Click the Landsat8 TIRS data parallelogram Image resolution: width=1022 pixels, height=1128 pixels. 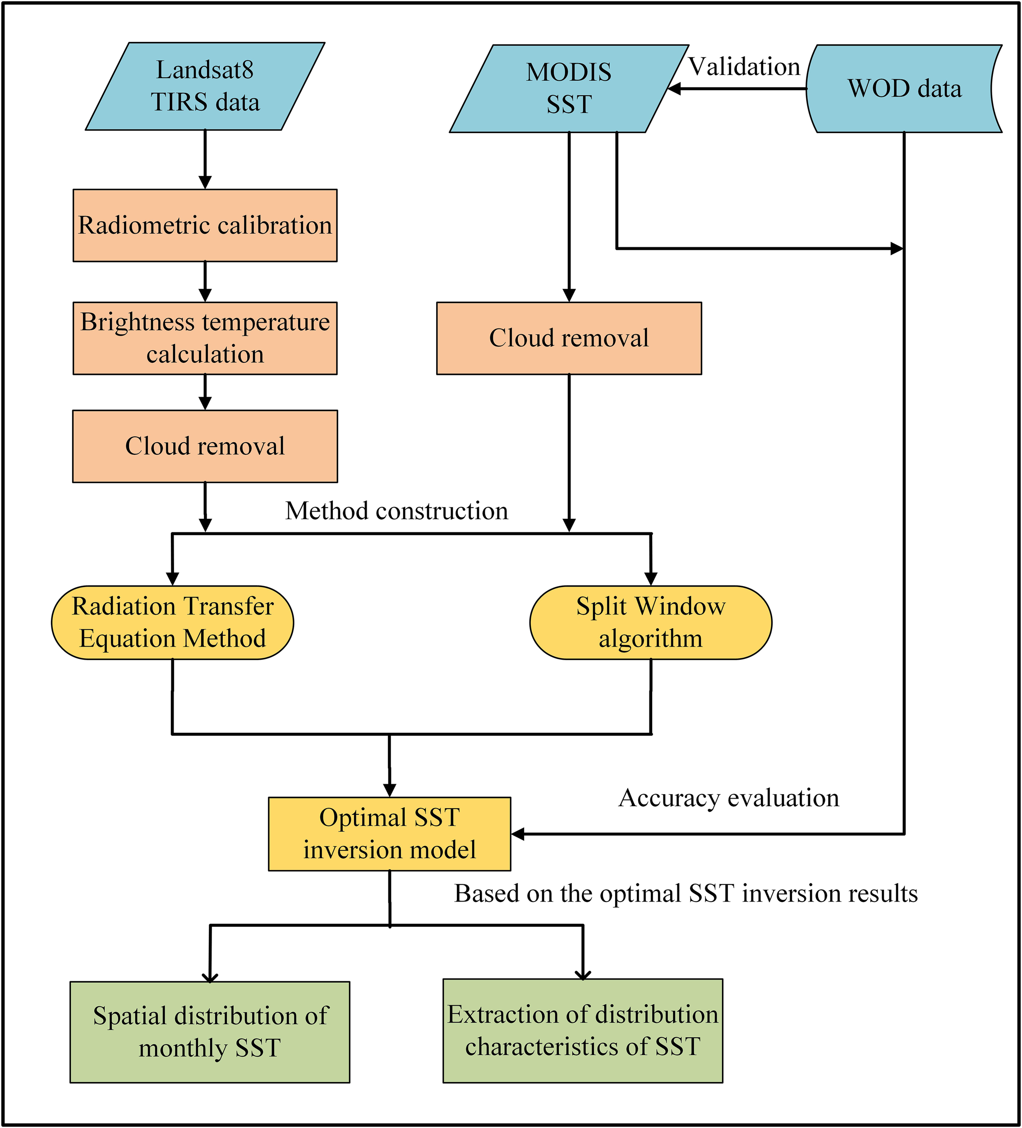[x=205, y=86]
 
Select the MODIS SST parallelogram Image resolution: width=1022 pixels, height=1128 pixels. [x=568, y=88]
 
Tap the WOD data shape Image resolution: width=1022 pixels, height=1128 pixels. [x=903, y=88]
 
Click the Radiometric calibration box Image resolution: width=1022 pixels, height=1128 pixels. [x=205, y=225]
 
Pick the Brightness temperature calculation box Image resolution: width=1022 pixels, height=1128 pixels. [x=205, y=338]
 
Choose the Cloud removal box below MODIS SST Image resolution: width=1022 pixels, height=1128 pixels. [x=568, y=338]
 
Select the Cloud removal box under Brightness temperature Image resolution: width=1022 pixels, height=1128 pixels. [x=205, y=446]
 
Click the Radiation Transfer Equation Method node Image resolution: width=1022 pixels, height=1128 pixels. [x=172, y=622]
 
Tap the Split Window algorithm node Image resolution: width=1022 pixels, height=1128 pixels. [x=650, y=622]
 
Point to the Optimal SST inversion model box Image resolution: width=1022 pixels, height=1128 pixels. [x=389, y=834]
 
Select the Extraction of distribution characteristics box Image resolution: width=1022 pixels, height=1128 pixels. [x=582, y=1031]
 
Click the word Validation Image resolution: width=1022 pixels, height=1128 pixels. [x=744, y=67]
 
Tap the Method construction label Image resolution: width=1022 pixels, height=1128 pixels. [x=396, y=511]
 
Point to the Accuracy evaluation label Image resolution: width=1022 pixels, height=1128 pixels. [x=728, y=798]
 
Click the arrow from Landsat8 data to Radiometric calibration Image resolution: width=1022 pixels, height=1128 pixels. [x=205, y=159]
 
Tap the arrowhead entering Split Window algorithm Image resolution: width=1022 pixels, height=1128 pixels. [x=650, y=578]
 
